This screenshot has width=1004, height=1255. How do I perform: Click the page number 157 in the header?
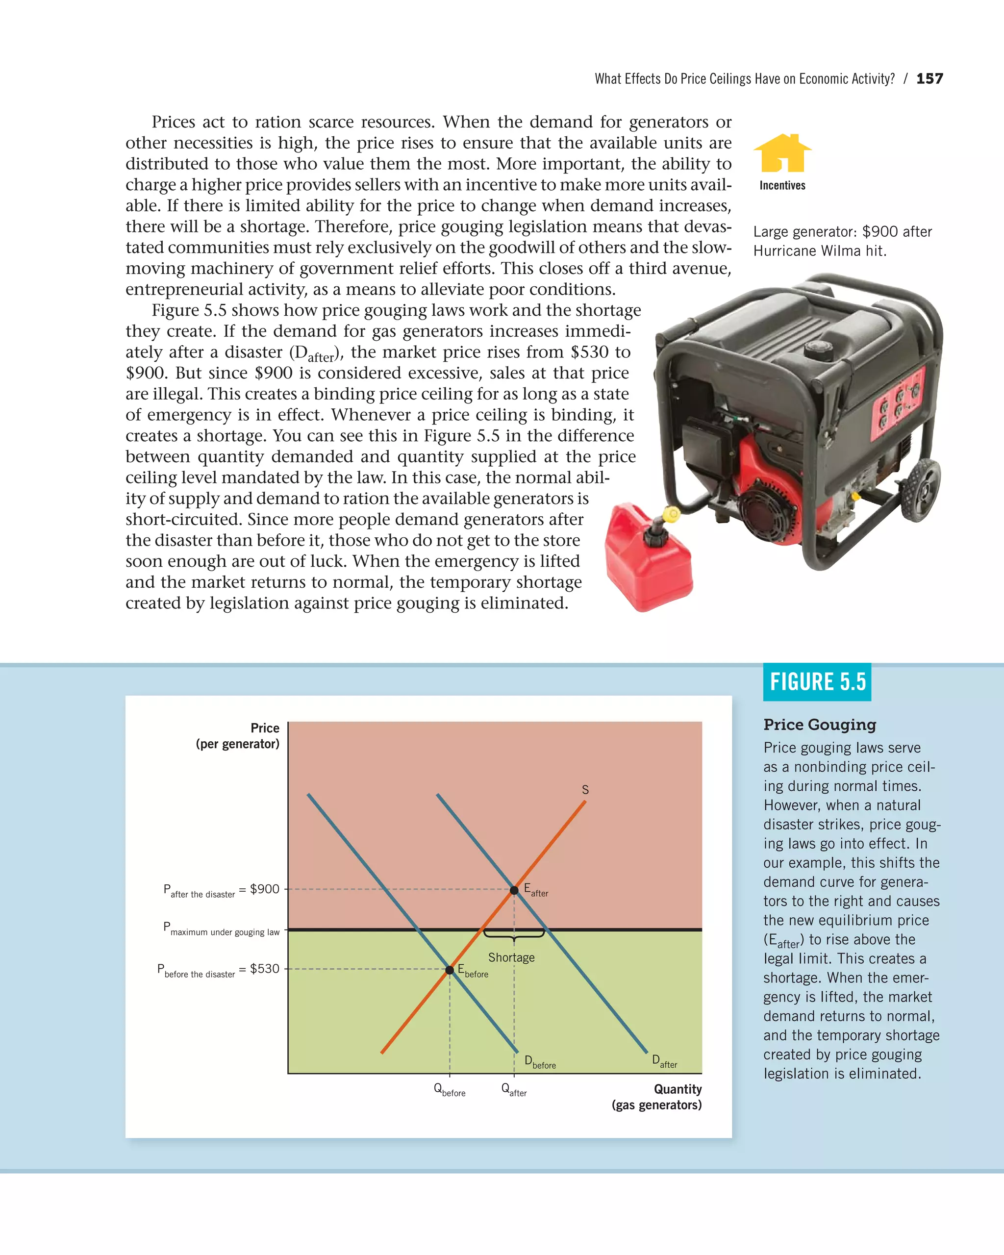(x=929, y=78)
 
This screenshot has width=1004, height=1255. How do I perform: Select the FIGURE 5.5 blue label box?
(x=817, y=681)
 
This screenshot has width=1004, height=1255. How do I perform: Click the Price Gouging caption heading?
(x=820, y=725)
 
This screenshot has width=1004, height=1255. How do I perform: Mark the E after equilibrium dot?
(x=514, y=890)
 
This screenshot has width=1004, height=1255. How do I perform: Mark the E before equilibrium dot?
(x=450, y=970)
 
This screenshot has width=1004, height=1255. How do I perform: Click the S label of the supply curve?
(x=585, y=790)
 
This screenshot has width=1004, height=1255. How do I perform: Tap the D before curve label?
(x=540, y=1061)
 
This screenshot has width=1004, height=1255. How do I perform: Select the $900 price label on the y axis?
(x=265, y=889)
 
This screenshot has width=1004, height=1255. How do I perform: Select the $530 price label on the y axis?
(x=265, y=969)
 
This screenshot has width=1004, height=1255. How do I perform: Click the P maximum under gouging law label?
(x=221, y=929)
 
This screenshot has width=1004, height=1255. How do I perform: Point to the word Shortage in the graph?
(x=511, y=957)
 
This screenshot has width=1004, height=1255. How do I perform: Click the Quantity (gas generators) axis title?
(x=656, y=1097)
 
